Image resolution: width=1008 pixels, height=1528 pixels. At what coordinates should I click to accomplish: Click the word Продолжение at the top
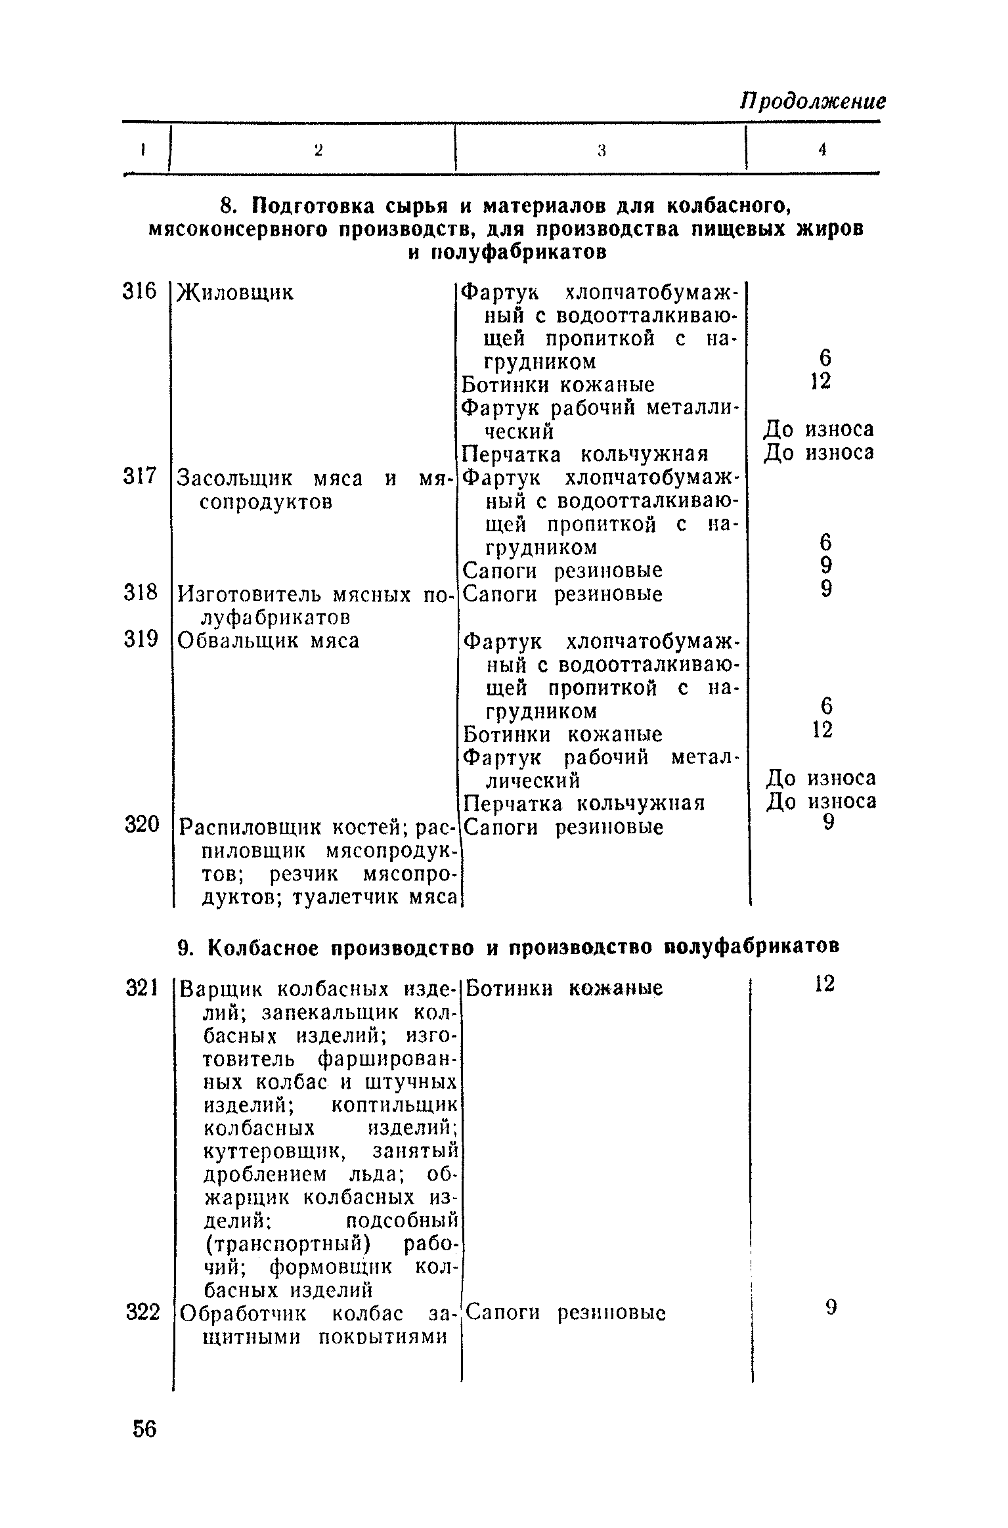tap(812, 101)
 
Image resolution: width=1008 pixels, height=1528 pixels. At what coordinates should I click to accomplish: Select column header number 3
tap(600, 150)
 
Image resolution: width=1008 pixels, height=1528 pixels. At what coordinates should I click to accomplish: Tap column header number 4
tap(822, 150)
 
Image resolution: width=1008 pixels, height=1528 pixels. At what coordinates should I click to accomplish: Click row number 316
tap(141, 291)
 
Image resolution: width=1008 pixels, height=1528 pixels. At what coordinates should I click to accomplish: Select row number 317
tap(141, 476)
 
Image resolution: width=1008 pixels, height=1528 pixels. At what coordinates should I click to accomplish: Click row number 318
tap(141, 593)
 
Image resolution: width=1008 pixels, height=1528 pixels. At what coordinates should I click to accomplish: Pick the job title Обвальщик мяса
tap(269, 640)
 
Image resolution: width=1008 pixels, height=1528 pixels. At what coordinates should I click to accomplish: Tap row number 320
tap(142, 825)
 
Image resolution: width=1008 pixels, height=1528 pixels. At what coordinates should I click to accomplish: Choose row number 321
tap(142, 987)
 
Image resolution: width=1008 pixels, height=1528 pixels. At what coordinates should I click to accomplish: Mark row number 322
tap(142, 1312)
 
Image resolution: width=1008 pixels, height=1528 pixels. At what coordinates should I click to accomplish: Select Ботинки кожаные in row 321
tap(564, 988)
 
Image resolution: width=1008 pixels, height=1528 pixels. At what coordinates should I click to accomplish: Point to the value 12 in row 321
tap(824, 984)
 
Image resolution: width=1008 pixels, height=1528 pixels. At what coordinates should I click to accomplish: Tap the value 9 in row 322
tap(831, 1309)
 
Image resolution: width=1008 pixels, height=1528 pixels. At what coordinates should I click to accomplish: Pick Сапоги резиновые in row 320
tap(563, 827)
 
